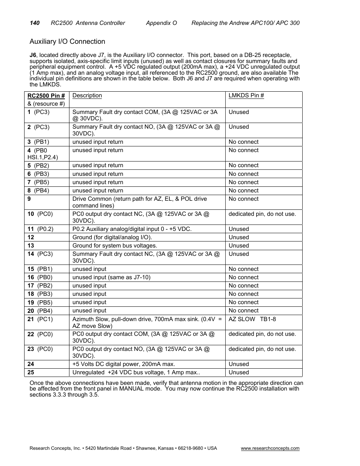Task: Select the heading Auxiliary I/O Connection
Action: [67, 42]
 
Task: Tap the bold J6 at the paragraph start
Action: [33, 55]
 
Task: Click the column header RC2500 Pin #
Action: [46, 96]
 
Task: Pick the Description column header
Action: [87, 95]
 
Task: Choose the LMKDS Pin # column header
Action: [246, 95]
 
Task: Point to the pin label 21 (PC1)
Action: [40, 319]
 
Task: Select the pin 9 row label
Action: [29, 199]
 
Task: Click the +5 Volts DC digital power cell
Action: [123, 364]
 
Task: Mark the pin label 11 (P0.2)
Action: [40, 229]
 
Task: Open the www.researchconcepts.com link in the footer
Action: [270, 448]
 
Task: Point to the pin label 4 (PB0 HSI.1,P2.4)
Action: [42, 154]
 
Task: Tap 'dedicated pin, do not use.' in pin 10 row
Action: [262, 214]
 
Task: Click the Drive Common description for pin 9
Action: [139, 202]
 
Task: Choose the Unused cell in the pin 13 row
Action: [238, 246]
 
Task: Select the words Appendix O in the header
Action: [161, 23]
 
